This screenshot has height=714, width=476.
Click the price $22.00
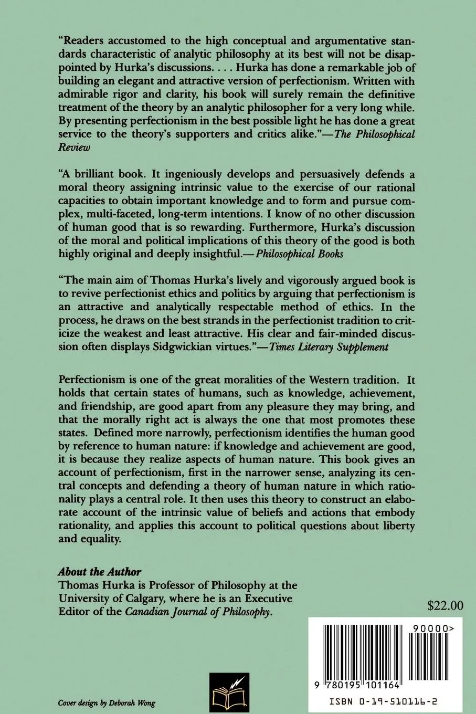tap(445, 605)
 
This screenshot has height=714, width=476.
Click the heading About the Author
tap(99, 572)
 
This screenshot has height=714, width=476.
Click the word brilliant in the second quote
tap(94, 174)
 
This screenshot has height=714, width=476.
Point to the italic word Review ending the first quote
tap(73, 147)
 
